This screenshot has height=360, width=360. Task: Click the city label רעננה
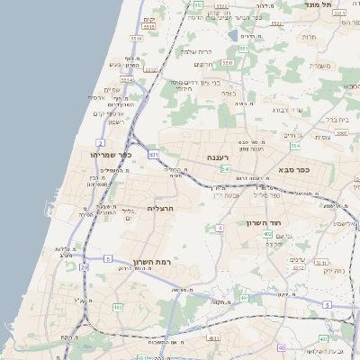tap(219, 158)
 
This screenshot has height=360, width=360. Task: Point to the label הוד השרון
tap(263, 222)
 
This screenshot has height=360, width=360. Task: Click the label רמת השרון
tap(150, 262)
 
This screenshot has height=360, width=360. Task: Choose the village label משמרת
tap(320, 65)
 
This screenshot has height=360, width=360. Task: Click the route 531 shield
tap(154, 155)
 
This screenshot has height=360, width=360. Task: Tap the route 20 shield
tap(84, 267)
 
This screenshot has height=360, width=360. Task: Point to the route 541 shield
tap(226, 168)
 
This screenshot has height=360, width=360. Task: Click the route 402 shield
tap(267, 235)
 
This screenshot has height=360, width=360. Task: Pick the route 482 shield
tap(118, 308)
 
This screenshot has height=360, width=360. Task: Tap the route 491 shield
tap(244, 298)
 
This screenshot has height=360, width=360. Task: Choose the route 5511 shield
tap(227, 63)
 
